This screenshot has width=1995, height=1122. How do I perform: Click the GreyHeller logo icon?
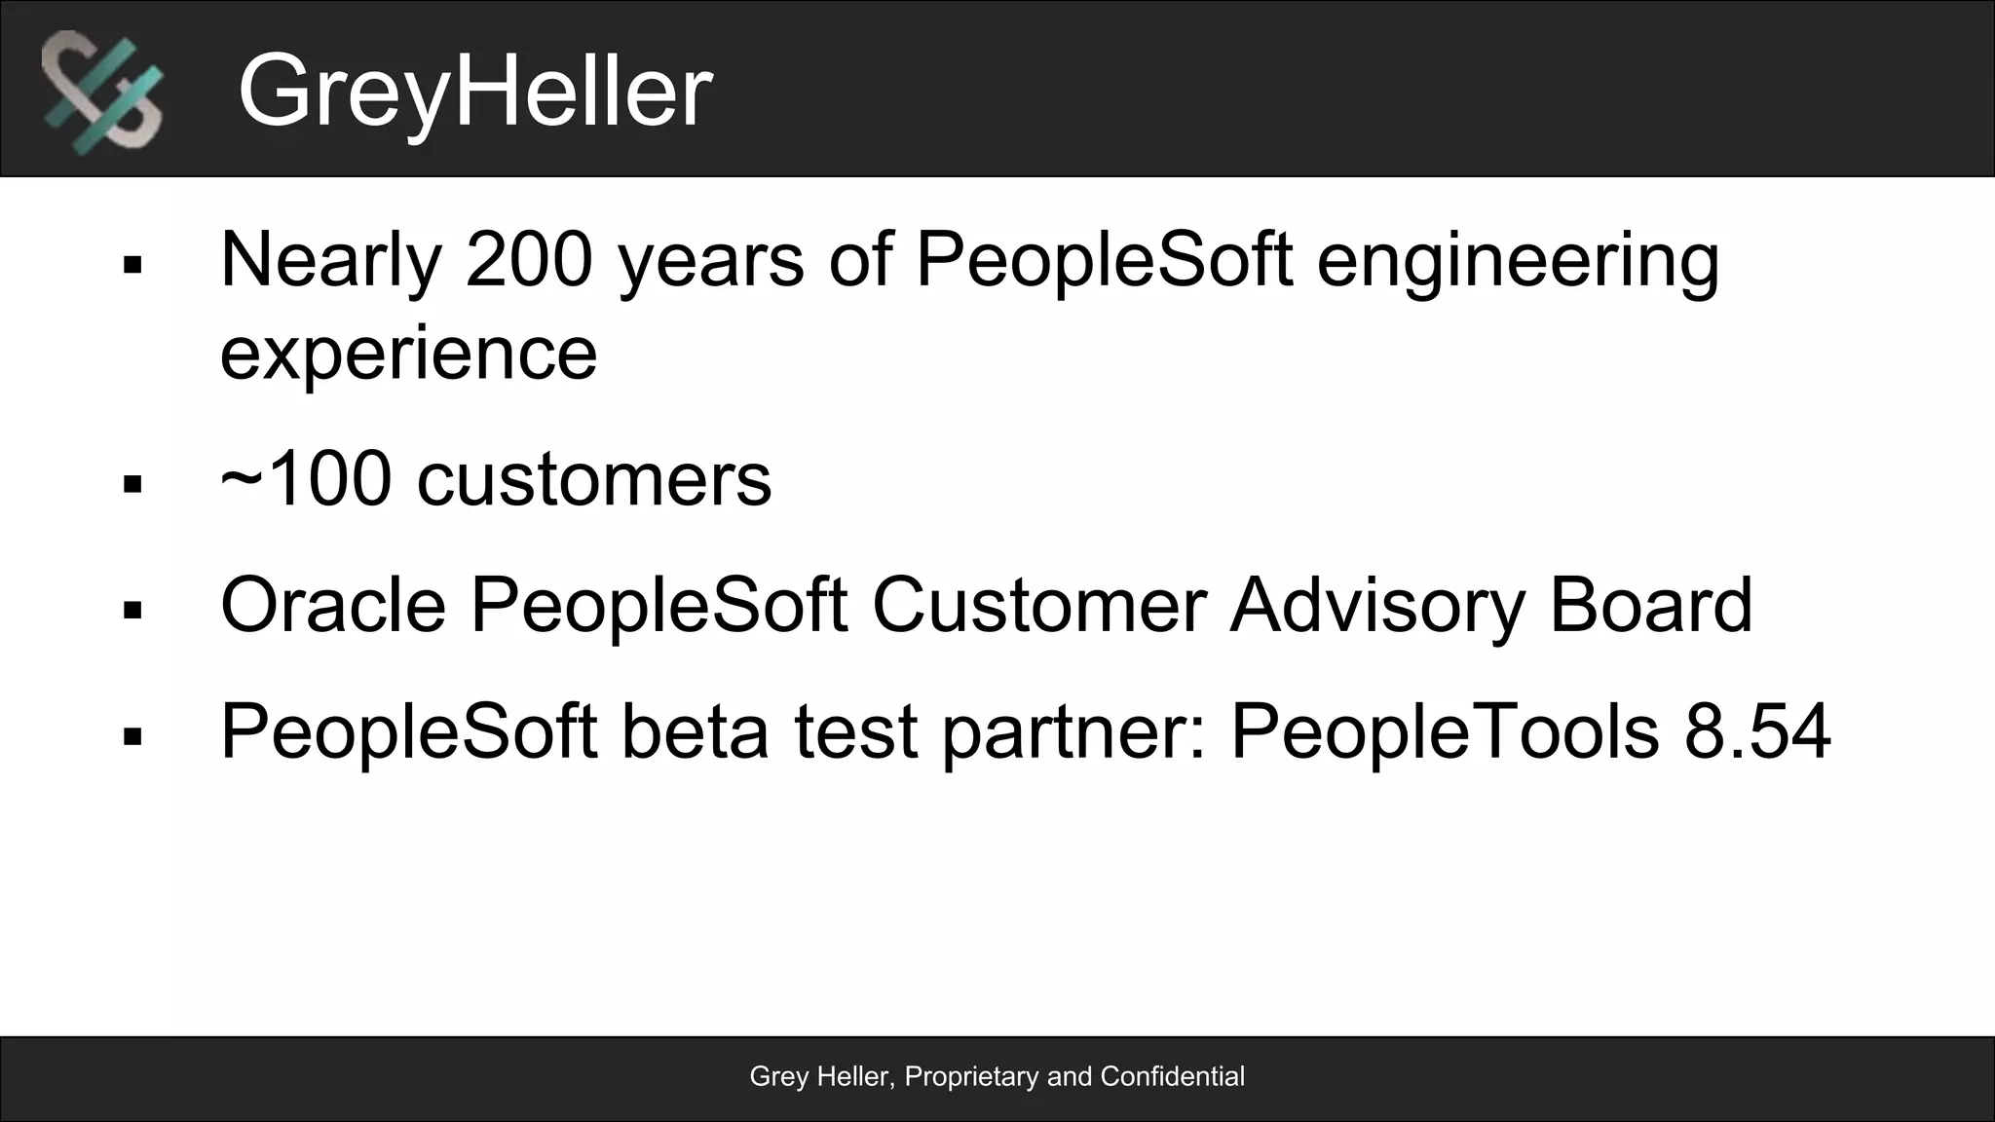click(x=102, y=91)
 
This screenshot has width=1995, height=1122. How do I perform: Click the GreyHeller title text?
click(x=474, y=91)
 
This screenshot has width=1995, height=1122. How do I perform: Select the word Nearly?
click(x=331, y=261)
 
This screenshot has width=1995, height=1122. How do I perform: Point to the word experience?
click(x=408, y=353)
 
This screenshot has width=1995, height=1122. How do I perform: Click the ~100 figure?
click(x=306, y=479)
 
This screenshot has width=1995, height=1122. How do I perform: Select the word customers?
click(x=594, y=479)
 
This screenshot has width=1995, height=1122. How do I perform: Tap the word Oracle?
click(x=333, y=605)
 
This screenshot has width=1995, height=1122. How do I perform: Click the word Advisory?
click(x=1376, y=607)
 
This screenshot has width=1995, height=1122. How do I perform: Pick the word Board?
click(x=1650, y=605)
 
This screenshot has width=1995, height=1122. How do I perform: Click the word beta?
click(x=695, y=731)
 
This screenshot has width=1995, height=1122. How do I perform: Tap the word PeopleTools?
click(x=1445, y=731)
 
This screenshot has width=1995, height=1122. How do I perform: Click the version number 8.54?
click(x=1757, y=731)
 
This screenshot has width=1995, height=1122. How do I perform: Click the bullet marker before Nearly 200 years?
click(x=133, y=265)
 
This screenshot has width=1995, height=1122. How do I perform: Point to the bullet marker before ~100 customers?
click(x=133, y=484)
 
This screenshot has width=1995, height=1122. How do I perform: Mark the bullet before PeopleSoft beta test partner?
click(x=133, y=737)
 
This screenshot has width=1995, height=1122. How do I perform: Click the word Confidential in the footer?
click(x=1172, y=1076)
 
